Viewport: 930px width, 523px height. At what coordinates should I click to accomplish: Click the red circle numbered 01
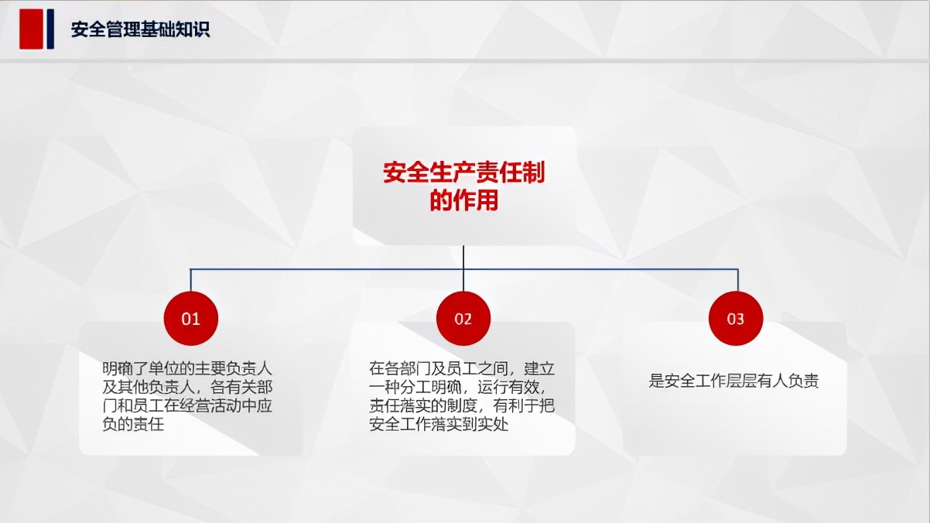(x=191, y=319)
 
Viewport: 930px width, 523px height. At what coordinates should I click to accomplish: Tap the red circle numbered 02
(x=463, y=319)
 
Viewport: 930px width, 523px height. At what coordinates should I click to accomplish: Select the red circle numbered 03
(x=736, y=319)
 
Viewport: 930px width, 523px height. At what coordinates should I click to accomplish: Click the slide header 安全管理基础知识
(x=140, y=30)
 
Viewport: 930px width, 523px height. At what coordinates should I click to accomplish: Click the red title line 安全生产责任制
(x=464, y=173)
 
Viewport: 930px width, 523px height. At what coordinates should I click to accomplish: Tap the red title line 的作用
(x=464, y=201)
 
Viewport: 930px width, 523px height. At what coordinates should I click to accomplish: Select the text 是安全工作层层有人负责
(x=733, y=381)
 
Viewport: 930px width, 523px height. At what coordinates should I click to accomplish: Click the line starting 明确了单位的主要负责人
(x=187, y=368)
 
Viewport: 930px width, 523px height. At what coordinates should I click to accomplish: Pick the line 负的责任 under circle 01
(x=133, y=425)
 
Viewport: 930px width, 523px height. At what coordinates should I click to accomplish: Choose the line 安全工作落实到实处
(x=439, y=425)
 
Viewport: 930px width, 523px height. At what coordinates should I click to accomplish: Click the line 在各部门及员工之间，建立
(x=462, y=368)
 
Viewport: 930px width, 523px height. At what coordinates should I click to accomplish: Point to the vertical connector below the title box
(x=463, y=258)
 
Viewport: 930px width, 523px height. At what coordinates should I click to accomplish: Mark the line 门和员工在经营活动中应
(x=187, y=406)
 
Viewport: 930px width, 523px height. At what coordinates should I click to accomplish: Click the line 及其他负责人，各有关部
(x=187, y=387)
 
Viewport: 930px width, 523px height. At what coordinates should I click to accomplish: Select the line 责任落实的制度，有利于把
(x=462, y=406)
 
